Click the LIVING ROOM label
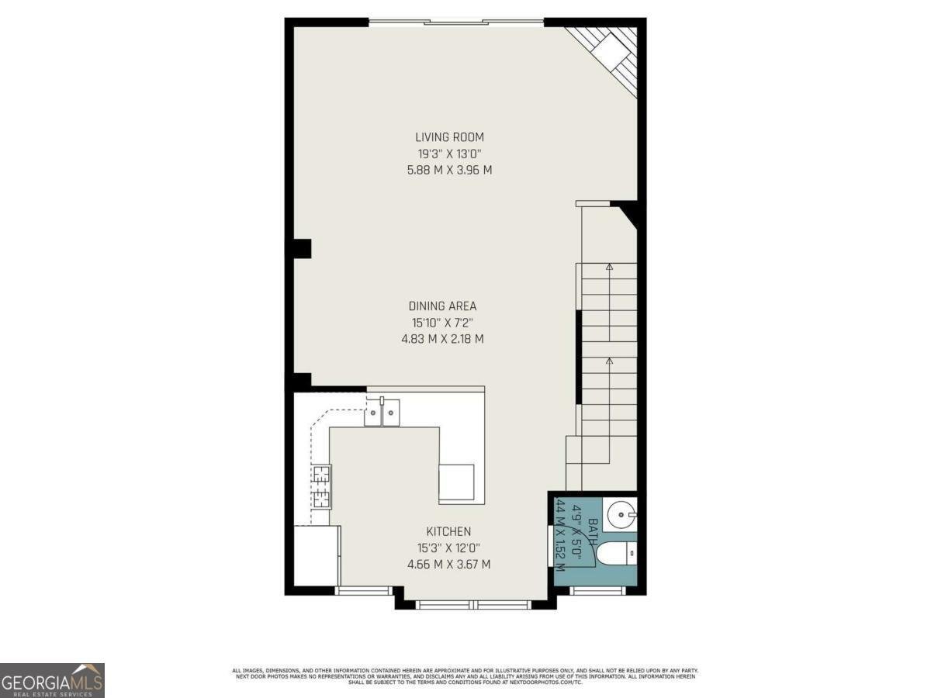(449, 137)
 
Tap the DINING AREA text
(442, 306)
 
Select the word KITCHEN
(448, 531)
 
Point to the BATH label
(593, 533)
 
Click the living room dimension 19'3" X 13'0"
(449, 154)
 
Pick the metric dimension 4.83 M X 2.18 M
(441, 339)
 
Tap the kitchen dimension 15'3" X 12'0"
(448, 548)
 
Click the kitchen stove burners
(321, 486)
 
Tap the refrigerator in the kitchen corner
(316, 555)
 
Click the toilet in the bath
(617, 554)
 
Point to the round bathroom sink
(621, 513)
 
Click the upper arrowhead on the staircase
(609, 268)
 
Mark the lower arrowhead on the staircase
(609, 361)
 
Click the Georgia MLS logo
(52, 680)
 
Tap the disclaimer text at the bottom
(465, 676)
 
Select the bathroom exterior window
(597, 590)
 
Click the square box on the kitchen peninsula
(456, 482)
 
